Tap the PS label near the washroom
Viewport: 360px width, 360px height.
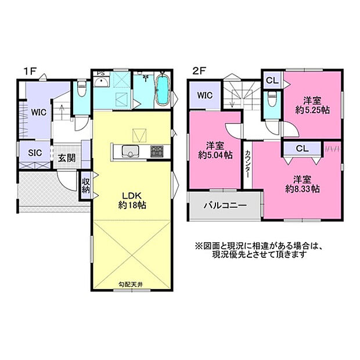coord(100,74)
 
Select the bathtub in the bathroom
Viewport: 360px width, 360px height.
coord(163,91)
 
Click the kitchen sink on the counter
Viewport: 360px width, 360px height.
coord(128,152)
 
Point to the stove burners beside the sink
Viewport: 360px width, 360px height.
coord(157,152)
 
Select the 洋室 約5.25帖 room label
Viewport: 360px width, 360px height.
coord(312,104)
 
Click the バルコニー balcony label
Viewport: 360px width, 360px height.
coord(225,206)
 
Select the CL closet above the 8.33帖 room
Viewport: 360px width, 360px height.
coord(302,148)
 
